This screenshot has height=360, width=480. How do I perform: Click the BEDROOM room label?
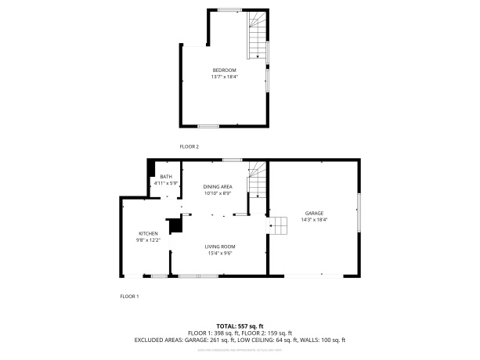pyautogui.click(x=224, y=70)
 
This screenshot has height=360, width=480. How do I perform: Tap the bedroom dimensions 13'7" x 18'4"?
pyautogui.click(x=224, y=77)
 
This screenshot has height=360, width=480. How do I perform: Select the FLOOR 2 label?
pyautogui.click(x=189, y=146)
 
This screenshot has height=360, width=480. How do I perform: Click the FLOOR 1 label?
pyautogui.click(x=128, y=297)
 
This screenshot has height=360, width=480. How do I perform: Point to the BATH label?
pyautogui.click(x=166, y=177)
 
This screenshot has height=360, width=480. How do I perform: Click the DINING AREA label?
pyautogui.click(x=218, y=186)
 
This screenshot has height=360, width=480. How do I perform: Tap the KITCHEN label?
pyautogui.click(x=149, y=234)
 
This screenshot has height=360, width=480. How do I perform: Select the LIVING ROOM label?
pyautogui.click(x=222, y=247)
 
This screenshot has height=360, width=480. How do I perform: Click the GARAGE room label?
pyautogui.click(x=314, y=213)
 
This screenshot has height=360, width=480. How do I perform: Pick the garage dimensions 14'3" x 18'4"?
pyautogui.click(x=314, y=220)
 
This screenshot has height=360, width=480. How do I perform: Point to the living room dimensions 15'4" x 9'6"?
pyautogui.click(x=222, y=253)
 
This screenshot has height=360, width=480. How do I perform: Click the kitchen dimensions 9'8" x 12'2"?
pyautogui.click(x=149, y=240)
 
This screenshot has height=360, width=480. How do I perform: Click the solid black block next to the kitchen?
pyautogui.click(x=176, y=225)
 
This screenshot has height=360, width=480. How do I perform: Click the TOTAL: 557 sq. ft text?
pyautogui.click(x=240, y=326)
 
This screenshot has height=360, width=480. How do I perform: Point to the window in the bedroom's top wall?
pyautogui.click(x=229, y=9)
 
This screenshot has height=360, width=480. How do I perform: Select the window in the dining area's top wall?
pyautogui.click(x=231, y=160)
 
